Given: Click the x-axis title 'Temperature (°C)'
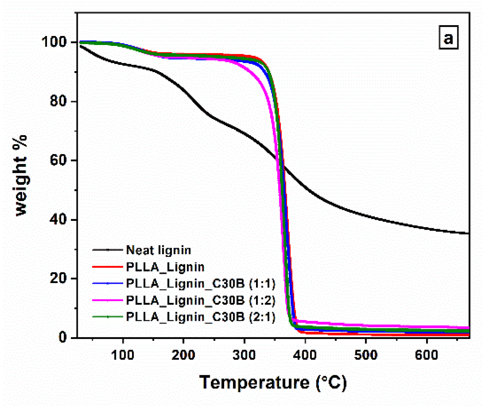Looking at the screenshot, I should tap(273, 383).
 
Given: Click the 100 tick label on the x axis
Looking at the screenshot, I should tap(123, 355).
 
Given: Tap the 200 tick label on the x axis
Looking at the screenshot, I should tap(183, 355).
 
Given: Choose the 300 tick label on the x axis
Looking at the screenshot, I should tap(244, 355).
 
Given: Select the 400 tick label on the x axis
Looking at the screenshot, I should tap(305, 355).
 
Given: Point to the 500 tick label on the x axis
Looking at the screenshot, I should tap(366, 355).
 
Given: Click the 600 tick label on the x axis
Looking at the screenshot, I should tap(426, 355).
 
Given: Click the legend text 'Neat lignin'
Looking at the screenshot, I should tap(158, 250).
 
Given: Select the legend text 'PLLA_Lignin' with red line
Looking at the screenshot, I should tap(165, 267).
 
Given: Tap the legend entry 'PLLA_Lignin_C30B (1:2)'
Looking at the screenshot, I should tap(200, 300).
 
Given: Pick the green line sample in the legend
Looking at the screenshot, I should tap(108, 317).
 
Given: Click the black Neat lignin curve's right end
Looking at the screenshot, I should tap(468, 233).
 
